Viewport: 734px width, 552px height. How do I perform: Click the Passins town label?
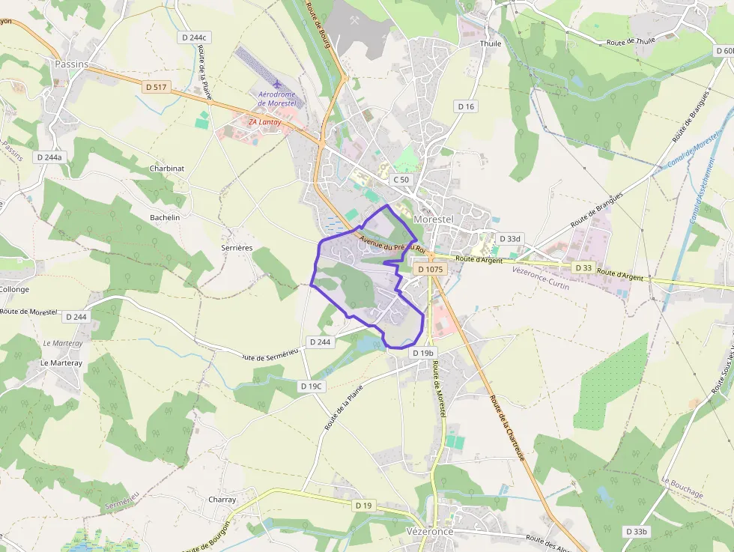[71, 64]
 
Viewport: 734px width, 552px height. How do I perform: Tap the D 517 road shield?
[157, 87]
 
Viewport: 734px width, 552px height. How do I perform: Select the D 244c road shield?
[194, 37]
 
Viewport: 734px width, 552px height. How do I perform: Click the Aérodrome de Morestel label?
[276, 98]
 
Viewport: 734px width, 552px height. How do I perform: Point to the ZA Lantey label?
[264, 121]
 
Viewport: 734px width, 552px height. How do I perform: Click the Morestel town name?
[434, 219]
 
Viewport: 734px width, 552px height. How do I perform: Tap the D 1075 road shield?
[431, 269]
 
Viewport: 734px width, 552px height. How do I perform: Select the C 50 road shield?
[402, 180]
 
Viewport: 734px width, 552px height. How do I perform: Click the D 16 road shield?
[466, 106]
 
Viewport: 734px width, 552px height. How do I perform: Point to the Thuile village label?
[491, 43]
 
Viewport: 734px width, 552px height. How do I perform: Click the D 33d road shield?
[509, 239]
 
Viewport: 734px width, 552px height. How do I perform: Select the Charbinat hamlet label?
[166, 169]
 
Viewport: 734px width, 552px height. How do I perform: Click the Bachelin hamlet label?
[165, 217]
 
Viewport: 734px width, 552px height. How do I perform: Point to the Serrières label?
[237, 247]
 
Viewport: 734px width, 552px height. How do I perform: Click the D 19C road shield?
[311, 386]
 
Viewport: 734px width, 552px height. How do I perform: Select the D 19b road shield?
[422, 353]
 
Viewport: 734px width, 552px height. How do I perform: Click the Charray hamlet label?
[222, 500]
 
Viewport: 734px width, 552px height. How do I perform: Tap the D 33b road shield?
[636, 531]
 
